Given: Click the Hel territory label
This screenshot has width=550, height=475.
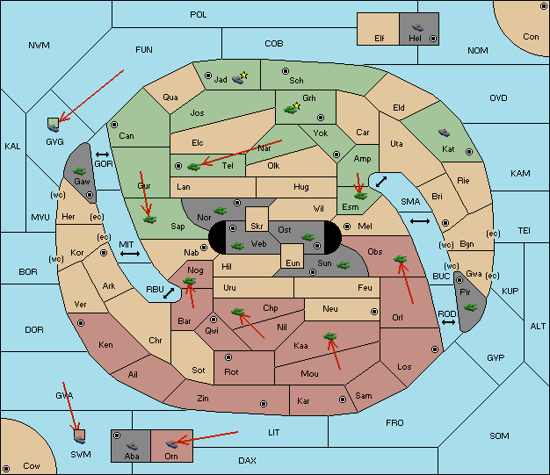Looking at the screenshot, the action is point(415,39).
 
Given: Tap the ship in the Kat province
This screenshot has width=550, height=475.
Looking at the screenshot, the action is point(444,133).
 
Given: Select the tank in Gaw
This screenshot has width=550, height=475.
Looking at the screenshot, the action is point(79,171).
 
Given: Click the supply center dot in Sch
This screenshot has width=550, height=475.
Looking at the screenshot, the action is point(286,71).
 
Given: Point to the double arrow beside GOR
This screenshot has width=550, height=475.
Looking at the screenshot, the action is point(102,155).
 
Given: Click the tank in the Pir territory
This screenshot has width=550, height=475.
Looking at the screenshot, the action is point(470,307).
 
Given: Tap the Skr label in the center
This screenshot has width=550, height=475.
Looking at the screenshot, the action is point(257,227).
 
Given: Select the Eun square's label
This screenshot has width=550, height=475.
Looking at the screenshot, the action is point(293,263).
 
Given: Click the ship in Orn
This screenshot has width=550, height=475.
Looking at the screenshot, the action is point(171,444).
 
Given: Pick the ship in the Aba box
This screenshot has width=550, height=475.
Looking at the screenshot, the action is point(132,445).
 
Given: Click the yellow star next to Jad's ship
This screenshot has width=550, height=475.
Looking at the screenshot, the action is point(244,75).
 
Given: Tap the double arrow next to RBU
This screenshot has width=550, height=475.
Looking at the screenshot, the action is point(169,293).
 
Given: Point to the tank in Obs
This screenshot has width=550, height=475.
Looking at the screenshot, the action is point(401,259).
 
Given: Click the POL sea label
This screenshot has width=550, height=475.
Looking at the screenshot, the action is point(199,15).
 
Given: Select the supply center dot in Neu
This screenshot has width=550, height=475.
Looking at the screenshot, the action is point(374,312).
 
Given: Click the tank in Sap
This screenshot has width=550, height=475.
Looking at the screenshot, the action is point(149,220).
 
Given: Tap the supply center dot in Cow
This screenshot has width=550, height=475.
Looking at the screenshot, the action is point(6,469).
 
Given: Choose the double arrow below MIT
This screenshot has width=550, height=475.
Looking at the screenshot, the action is point(130,254).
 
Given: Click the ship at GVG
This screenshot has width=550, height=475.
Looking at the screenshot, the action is point(54,128).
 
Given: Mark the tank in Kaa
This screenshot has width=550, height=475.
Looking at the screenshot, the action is point(330,336).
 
